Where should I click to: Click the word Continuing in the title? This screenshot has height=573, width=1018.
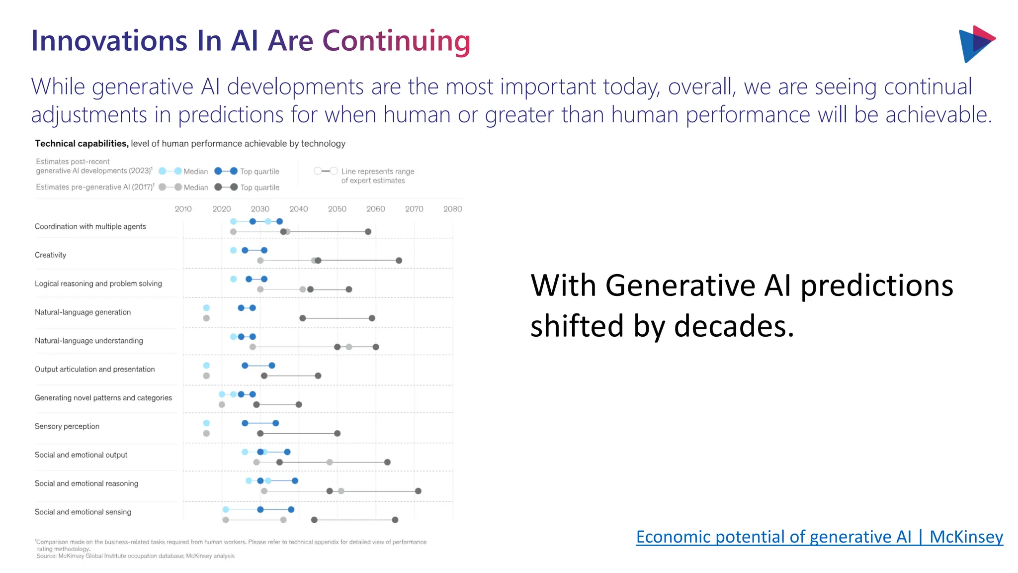396,41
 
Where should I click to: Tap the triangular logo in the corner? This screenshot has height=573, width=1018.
976,44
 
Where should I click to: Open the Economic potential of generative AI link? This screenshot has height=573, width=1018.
819,537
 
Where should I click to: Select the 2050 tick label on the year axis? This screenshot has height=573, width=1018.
337,209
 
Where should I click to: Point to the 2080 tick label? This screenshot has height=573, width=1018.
452,209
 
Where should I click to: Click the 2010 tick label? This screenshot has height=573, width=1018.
183,209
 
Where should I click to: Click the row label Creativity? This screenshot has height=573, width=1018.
50,255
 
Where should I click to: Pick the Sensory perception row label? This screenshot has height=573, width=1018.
67,426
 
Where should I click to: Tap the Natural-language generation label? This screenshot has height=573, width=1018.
83,312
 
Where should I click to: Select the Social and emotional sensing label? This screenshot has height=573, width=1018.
83,512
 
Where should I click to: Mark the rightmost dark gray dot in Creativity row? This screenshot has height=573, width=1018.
399,261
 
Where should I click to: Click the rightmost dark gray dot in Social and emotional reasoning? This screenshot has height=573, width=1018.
418,491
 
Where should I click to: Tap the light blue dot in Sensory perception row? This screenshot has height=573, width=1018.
206,423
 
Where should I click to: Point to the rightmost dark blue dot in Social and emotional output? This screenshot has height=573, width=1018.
287,452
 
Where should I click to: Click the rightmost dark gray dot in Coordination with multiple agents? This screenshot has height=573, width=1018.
368,232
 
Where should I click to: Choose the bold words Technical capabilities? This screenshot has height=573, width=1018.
82,144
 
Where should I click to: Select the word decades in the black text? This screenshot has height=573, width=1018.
734,326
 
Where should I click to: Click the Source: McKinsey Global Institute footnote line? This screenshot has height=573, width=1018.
135,556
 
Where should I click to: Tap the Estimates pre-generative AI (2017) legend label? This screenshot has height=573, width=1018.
94,187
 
